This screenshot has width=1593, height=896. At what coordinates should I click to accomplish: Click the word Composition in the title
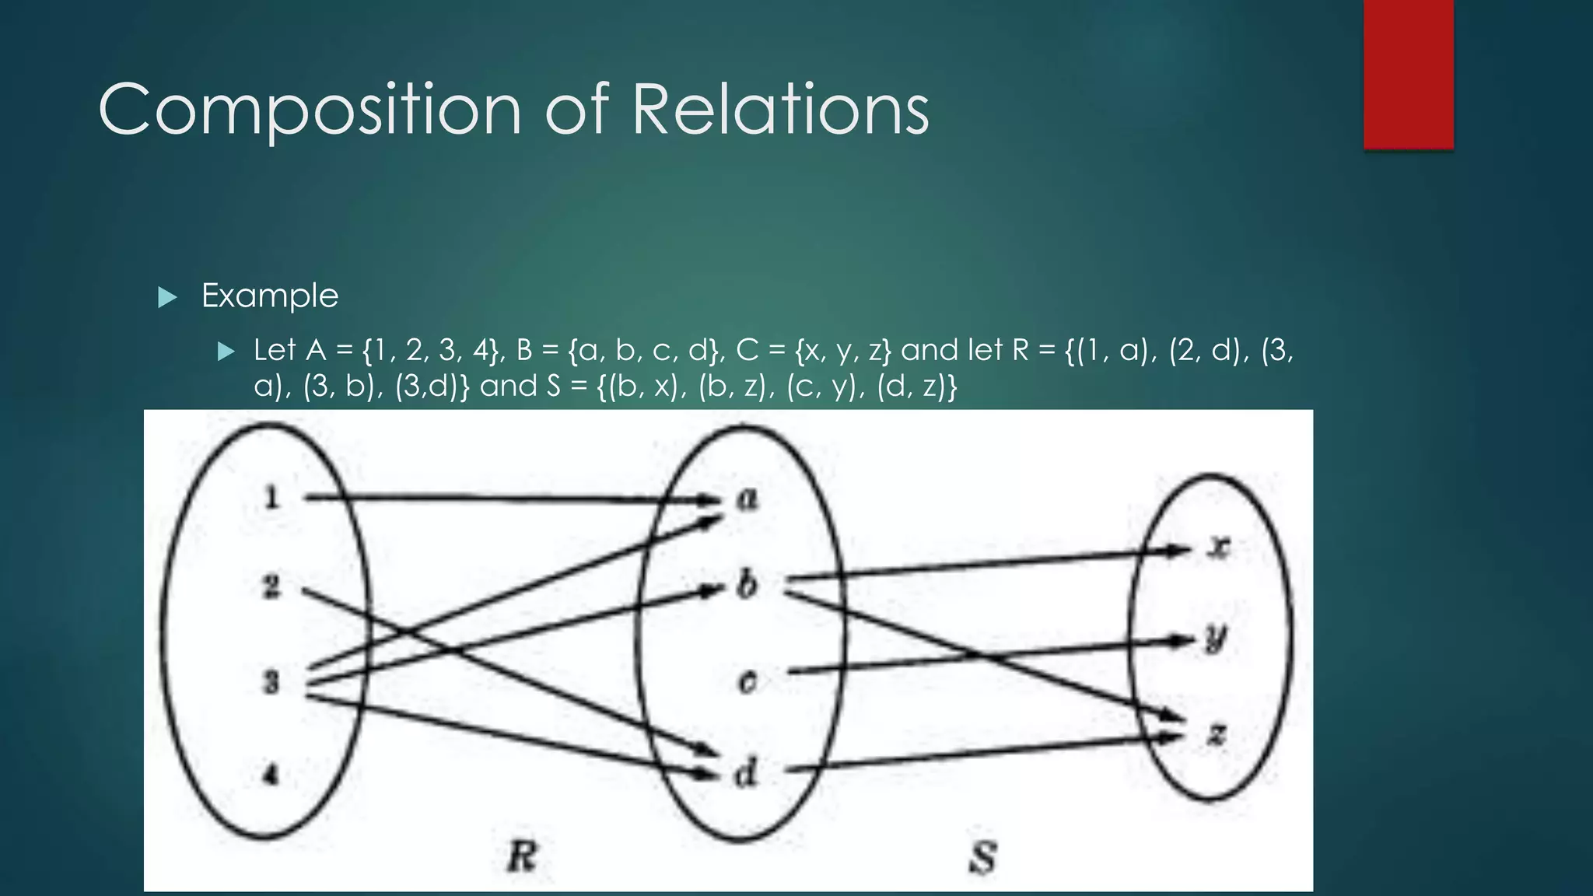[310, 110]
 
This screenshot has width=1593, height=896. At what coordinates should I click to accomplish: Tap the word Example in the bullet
[270, 296]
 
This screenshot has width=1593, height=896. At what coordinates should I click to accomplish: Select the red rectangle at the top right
[1408, 74]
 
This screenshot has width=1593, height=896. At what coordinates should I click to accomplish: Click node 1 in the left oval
[271, 497]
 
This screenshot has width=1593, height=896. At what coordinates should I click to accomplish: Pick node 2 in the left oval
[271, 586]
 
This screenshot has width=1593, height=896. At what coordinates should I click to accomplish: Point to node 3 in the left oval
[271, 683]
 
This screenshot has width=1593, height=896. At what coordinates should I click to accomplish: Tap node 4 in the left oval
[271, 775]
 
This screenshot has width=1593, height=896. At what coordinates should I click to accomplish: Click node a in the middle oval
[747, 499]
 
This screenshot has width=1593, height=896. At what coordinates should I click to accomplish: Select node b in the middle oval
[747, 584]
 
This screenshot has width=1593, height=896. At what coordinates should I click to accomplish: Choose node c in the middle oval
[747, 681]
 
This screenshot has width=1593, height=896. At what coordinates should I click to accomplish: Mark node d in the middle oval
[745, 773]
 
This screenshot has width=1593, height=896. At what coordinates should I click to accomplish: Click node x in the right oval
[1219, 548]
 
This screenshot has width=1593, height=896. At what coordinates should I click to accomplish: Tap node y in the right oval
[1215, 639]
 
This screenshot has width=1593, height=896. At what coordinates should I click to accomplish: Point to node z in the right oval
[1217, 733]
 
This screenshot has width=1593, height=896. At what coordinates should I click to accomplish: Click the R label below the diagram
[522, 857]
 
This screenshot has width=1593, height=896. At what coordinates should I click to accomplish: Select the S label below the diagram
[983, 858]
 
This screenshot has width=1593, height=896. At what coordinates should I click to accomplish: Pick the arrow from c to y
[988, 655]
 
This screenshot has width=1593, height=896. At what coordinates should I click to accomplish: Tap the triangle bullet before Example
[167, 297]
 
